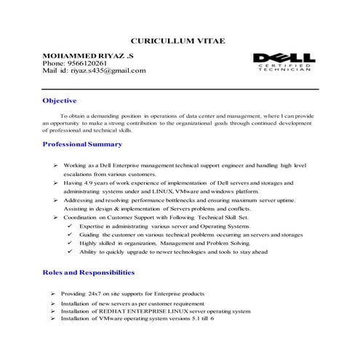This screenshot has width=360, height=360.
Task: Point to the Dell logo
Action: coord(284,57)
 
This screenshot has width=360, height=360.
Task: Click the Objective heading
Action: coord(60,100)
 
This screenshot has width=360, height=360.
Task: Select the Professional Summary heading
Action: coord(87,145)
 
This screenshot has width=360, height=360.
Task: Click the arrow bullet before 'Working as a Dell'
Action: coord(55,166)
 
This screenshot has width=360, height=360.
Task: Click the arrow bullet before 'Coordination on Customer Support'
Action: coord(55,217)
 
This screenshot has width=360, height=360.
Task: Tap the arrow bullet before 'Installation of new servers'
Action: coord(53,303)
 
